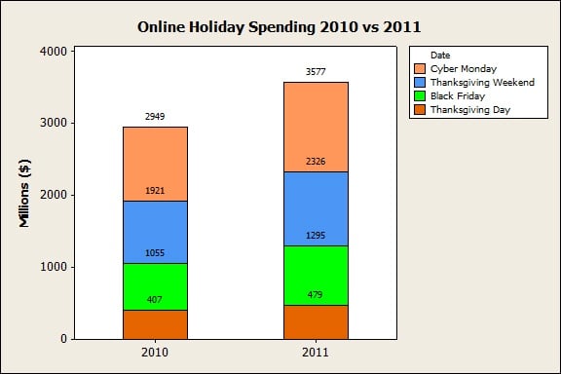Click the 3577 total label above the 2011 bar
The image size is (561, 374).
316,71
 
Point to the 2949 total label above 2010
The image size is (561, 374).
155,116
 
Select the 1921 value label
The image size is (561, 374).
155,191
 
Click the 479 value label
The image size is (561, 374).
316,295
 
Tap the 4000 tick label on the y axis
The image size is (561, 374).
54,51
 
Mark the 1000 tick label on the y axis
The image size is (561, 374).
54,267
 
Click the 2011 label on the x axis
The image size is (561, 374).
316,352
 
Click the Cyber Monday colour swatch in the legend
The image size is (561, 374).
420,69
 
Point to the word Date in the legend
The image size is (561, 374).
440,55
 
